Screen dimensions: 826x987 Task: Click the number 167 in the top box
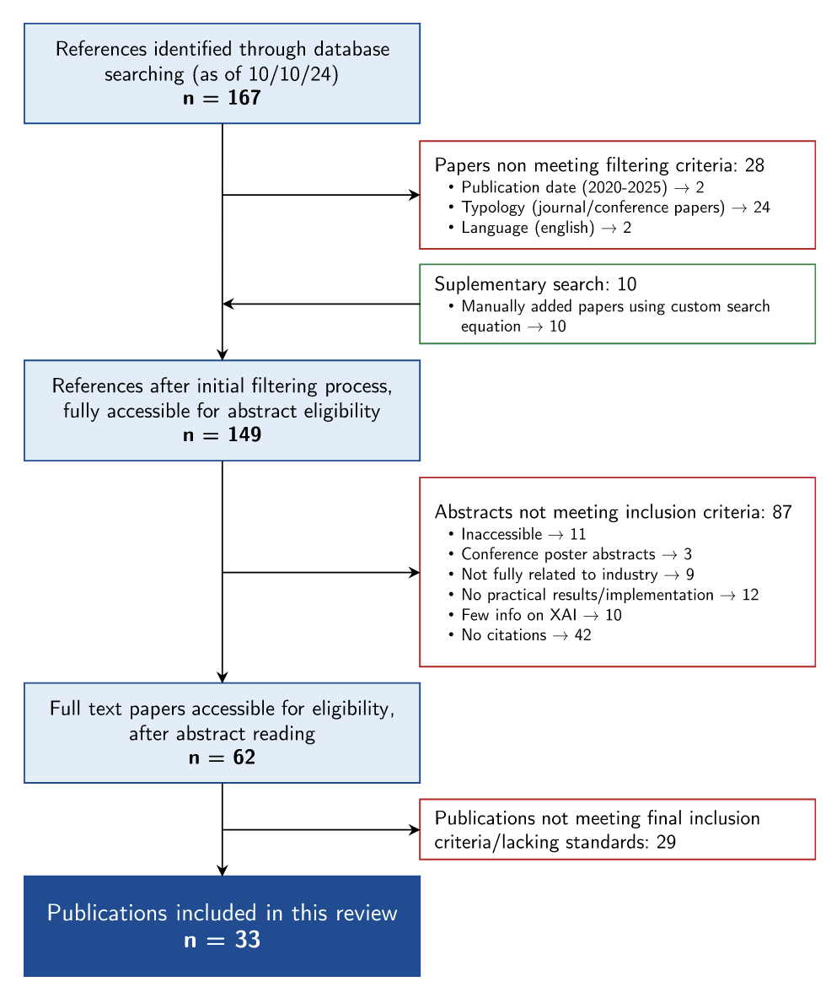click(x=244, y=98)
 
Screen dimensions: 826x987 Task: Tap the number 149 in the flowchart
click(x=244, y=435)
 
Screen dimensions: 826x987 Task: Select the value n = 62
click(x=222, y=758)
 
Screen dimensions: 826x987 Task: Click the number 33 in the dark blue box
click(x=247, y=940)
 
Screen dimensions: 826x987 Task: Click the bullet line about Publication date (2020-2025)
click(x=577, y=187)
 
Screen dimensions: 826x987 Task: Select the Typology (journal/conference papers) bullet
click(x=609, y=208)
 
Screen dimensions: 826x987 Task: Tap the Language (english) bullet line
click(x=539, y=228)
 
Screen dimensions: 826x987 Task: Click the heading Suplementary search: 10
click(x=535, y=284)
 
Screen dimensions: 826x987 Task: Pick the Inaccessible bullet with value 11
click(x=518, y=535)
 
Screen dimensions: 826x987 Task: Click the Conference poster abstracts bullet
click(x=570, y=554)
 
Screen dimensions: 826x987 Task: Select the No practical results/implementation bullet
click(x=603, y=595)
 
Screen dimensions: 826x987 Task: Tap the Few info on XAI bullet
click(x=534, y=615)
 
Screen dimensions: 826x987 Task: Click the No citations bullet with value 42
click(x=520, y=635)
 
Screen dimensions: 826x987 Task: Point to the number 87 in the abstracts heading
click(x=782, y=512)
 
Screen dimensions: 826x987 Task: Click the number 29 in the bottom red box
click(x=666, y=842)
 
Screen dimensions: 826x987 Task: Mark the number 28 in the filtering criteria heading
click(x=754, y=165)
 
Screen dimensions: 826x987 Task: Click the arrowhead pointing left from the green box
click(x=228, y=304)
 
